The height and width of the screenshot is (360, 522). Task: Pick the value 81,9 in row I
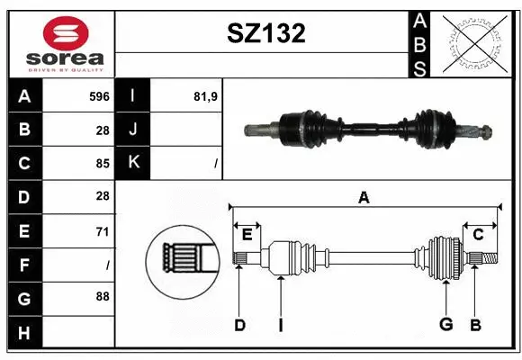206,96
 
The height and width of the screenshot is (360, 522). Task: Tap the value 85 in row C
102,163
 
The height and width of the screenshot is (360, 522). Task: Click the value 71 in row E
102,231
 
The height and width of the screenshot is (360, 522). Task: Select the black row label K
133,163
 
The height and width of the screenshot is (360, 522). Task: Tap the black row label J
133,130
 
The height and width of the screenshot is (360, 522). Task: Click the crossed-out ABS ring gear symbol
475,42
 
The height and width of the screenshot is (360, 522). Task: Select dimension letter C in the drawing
478,234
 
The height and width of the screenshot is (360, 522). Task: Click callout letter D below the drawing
239,325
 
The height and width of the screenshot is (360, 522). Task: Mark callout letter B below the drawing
476,325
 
